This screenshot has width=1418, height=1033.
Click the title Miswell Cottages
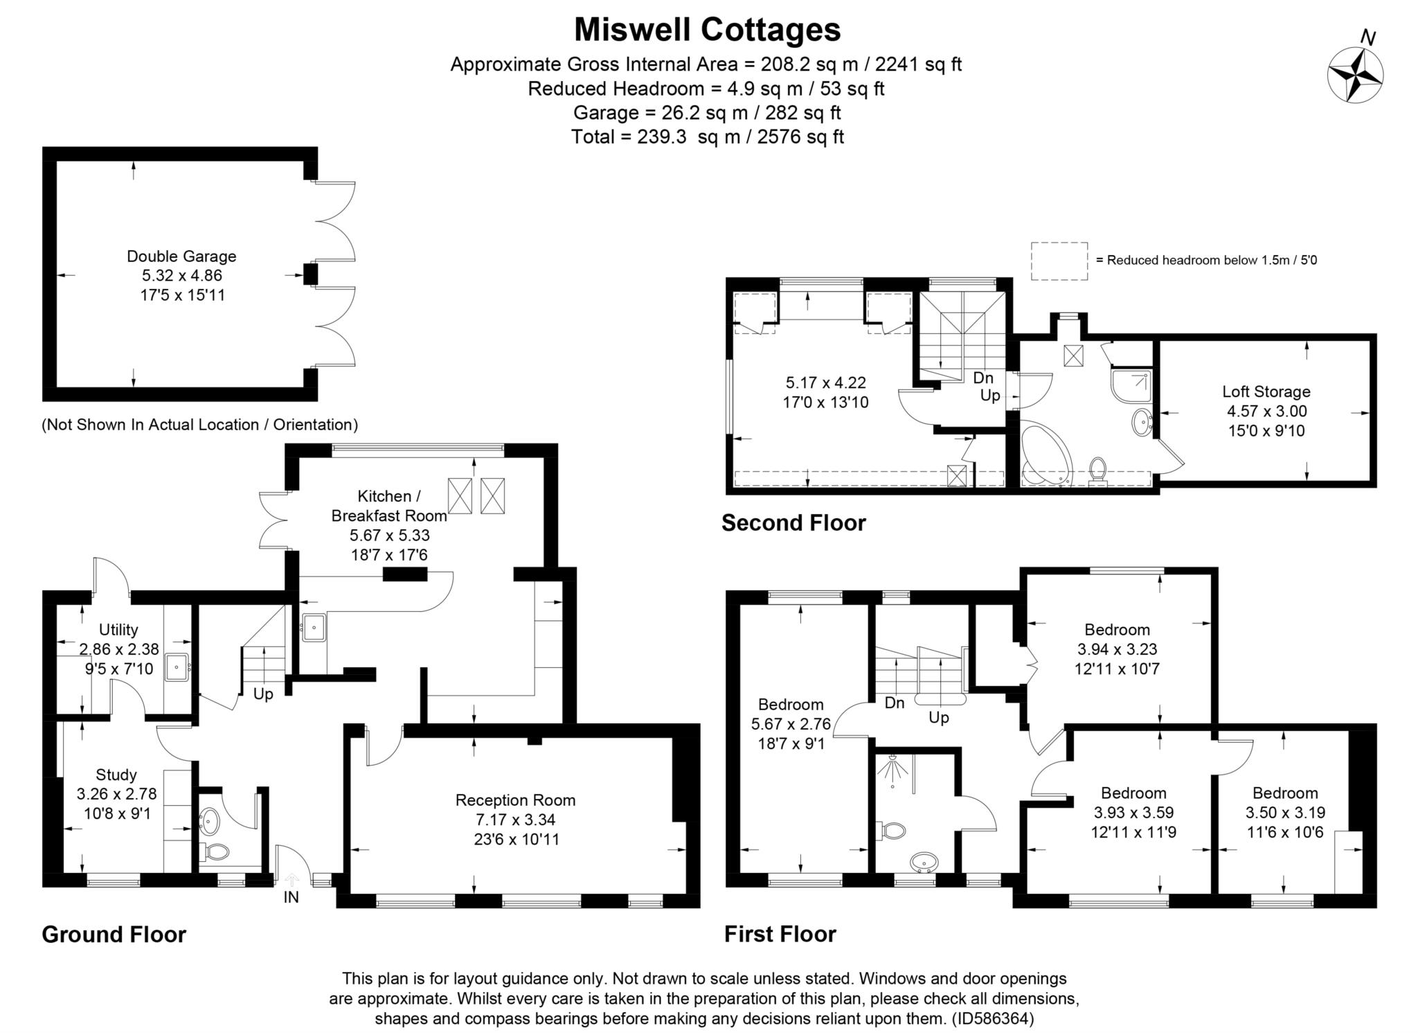[707, 30]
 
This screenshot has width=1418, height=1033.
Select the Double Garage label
[181, 256]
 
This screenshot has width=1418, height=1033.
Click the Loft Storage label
[1266, 391]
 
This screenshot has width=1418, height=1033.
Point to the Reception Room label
[515, 800]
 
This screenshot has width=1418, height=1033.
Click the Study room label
[116, 775]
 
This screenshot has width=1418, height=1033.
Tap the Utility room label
[118, 630]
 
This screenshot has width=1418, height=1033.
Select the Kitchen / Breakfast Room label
[388, 506]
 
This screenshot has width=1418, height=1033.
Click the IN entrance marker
[291, 897]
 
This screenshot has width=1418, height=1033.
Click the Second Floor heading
[793, 522]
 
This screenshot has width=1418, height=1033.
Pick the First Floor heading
[780, 934]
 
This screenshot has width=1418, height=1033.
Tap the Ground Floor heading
[114, 935]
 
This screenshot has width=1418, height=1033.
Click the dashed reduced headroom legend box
[1059, 261]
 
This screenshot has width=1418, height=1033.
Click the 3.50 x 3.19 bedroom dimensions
[1285, 813]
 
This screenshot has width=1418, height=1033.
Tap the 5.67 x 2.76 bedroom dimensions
[791, 725]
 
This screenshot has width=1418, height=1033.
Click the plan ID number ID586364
[993, 1018]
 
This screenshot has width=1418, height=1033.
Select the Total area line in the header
[707, 136]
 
